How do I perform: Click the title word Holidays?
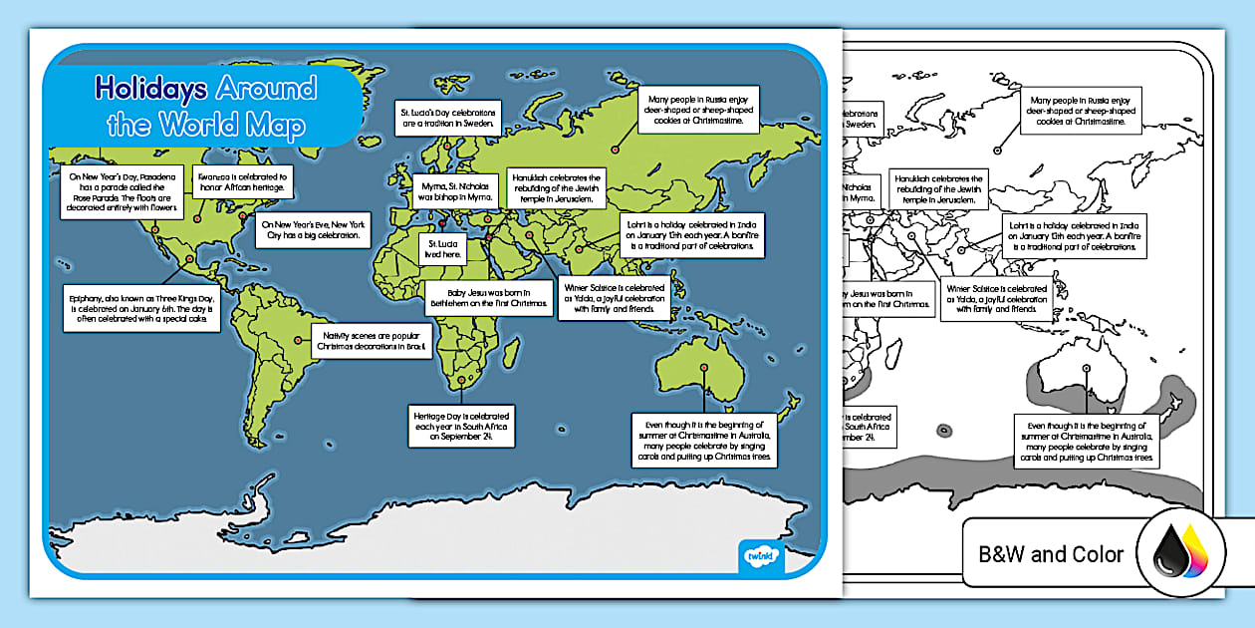(150, 90)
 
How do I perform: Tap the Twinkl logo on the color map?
(763, 555)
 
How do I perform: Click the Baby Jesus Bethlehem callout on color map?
(488, 298)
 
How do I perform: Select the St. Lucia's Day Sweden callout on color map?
(447, 116)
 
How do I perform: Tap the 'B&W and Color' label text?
(1051, 554)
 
